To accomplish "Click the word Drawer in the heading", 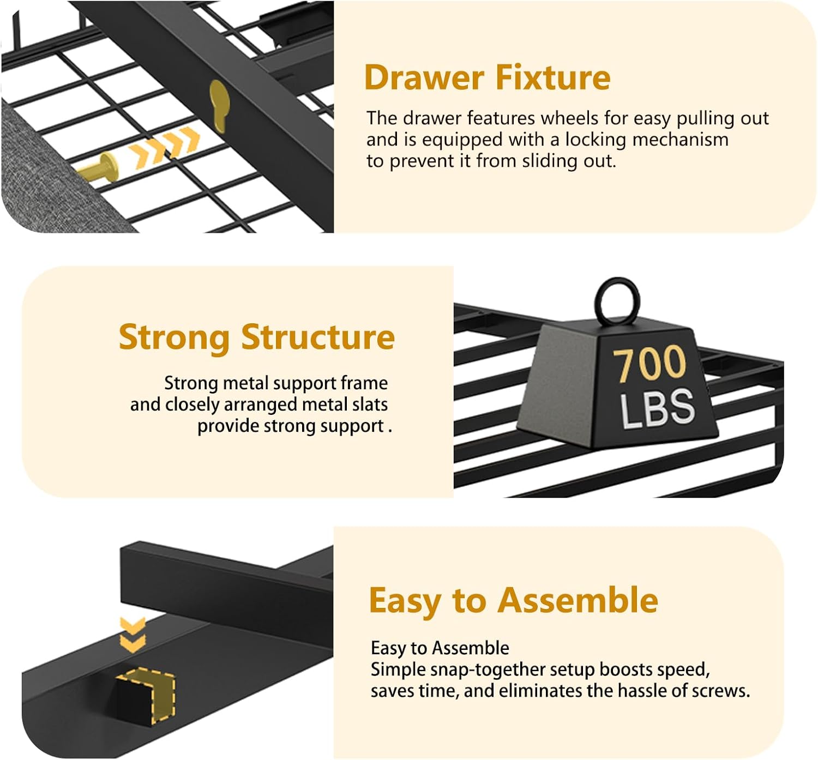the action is pos(424,77).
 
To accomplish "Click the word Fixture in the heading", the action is pos(553,77).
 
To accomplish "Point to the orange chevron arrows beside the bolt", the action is pos(165,146).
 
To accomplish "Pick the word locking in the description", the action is pos(598,140).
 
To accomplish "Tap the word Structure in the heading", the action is pos(318,337).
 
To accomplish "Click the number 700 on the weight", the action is pos(649,363).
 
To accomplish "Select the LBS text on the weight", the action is pos(658,408).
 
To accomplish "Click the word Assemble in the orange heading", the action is pos(578,601).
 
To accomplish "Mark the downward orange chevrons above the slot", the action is pos(133,635).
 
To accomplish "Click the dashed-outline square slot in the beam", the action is pos(146,695).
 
